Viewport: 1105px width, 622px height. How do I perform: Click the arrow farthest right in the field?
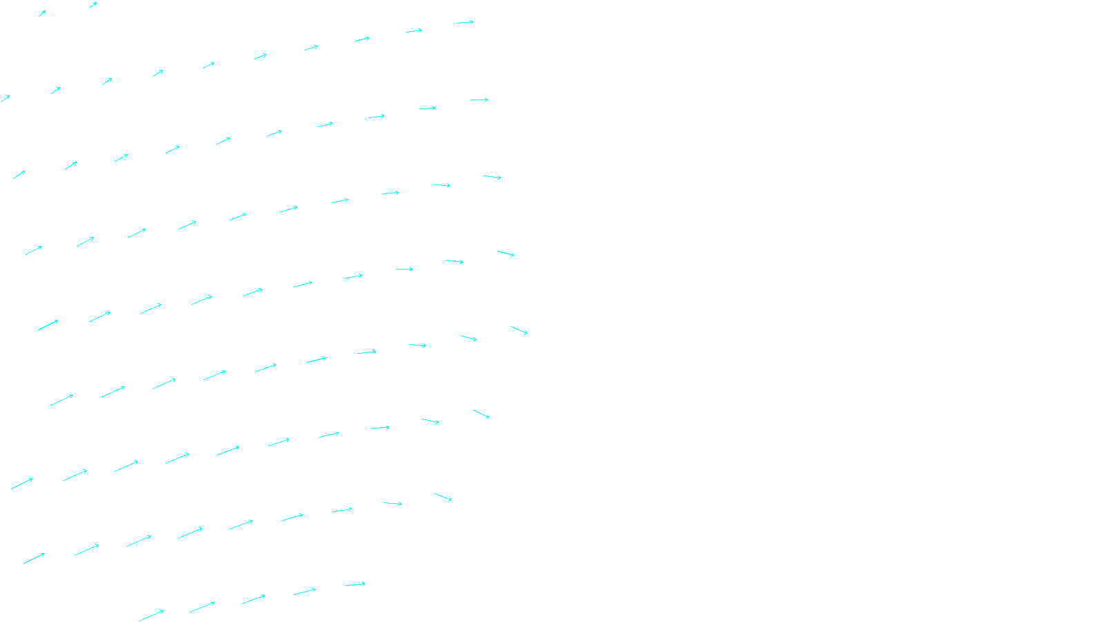tap(519, 330)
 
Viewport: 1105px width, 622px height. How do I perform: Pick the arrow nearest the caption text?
tap(355, 585)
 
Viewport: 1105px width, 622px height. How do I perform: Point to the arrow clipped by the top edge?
tap(93, 6)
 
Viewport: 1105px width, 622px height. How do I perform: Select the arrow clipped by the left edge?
tap(5, 99)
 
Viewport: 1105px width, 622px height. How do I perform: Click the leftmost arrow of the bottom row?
tap(151, 615)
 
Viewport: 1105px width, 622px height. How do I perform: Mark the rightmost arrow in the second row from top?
tap(465, 22)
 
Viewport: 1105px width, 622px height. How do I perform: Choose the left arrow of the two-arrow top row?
tap(42, 13)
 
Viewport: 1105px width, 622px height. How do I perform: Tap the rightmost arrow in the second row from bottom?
tap(443, 497)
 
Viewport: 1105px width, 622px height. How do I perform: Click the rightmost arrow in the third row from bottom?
tap(481, 414)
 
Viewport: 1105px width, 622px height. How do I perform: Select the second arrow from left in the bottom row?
tap(202, 607)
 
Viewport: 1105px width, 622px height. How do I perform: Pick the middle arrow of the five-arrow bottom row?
tap(253, 599)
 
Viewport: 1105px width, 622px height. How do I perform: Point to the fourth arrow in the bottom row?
tap(305, 592)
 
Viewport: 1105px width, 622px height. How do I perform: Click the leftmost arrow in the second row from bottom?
tap(34, 558)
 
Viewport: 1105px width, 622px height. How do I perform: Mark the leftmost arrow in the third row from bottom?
tap(22, 484)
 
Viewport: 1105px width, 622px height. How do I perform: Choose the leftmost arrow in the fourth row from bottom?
tap(61, 400)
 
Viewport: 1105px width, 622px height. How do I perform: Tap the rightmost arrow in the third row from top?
tap(479, 100)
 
